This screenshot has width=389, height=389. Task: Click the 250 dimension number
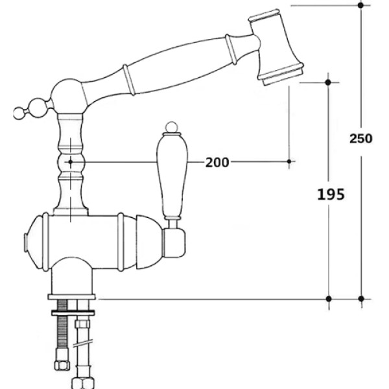click(x=361, y=139)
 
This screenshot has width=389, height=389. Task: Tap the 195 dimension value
click(x=331, y=194)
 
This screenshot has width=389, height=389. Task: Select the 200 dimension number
click(x=217, y=163)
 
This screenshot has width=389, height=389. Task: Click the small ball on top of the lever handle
click(x=171, y=127)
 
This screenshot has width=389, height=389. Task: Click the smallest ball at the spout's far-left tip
click(x=19, y=113)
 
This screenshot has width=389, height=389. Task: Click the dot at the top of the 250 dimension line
click(x=361, y=5)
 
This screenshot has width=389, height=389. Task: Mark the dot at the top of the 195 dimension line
click(x=328, y=82)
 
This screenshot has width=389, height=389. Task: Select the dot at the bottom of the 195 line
click(x=329, y=299)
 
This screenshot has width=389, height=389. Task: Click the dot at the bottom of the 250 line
click(x=361, y=299)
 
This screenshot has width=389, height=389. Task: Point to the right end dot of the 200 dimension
click(x=289, y=161)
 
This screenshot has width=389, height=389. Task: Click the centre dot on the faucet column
click(x=71, y=161)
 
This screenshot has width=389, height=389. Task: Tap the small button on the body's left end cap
click(x=25, y=243)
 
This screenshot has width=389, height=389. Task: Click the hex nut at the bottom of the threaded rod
click(x=62, y=365)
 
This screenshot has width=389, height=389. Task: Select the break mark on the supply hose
click(x=83, y=344)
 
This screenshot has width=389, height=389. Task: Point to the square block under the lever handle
click(x=174, y=243)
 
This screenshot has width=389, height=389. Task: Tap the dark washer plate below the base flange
click(x=73, y=312)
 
